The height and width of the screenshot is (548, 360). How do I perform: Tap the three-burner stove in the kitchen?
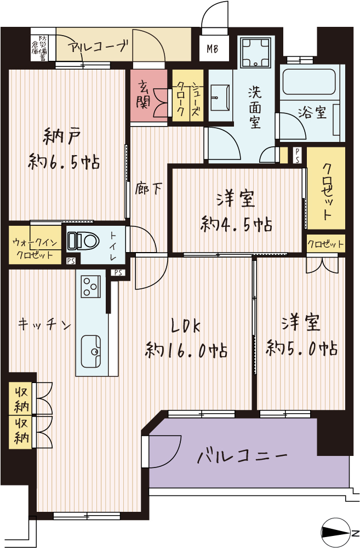[90, 286]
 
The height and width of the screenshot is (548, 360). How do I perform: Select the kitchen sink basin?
[91, 351]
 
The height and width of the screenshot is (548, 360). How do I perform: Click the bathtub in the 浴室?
[309, 82]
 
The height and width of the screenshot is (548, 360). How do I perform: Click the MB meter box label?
[212, 49]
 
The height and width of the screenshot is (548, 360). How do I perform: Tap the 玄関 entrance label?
[144, 94]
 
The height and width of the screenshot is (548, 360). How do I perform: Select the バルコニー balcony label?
[242, 456]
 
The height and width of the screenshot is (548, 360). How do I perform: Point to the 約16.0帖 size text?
[186, 350]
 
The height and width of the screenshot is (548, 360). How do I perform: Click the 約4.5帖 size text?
[236, 224]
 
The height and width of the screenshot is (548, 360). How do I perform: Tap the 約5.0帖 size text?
[301, 348]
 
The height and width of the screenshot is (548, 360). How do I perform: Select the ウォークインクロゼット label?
[35, 248]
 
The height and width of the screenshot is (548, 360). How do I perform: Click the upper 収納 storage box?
[21, 398]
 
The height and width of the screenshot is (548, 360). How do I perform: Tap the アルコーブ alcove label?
[98, 46]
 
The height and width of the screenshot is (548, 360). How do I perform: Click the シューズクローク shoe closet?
[188, 95]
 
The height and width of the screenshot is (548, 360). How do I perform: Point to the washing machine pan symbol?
[255, 52]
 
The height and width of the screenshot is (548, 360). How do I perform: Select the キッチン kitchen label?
[44, 325]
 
